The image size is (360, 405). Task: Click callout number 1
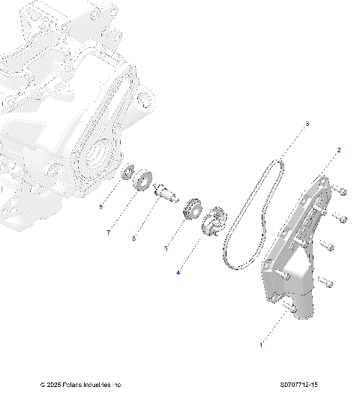coord(261,345)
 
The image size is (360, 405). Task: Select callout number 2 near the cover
coord(339,150)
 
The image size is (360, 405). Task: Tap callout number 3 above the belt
coord(307,124)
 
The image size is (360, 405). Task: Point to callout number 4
coord(178,273)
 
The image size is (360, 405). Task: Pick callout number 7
coord(108,232)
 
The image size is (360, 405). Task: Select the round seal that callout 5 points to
coord(191,208)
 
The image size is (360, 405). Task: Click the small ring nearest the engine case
coord(128,172)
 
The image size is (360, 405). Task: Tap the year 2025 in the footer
coord(52,385)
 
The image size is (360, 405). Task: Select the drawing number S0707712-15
coord(296,385)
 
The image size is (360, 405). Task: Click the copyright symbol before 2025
coord(42,385)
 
